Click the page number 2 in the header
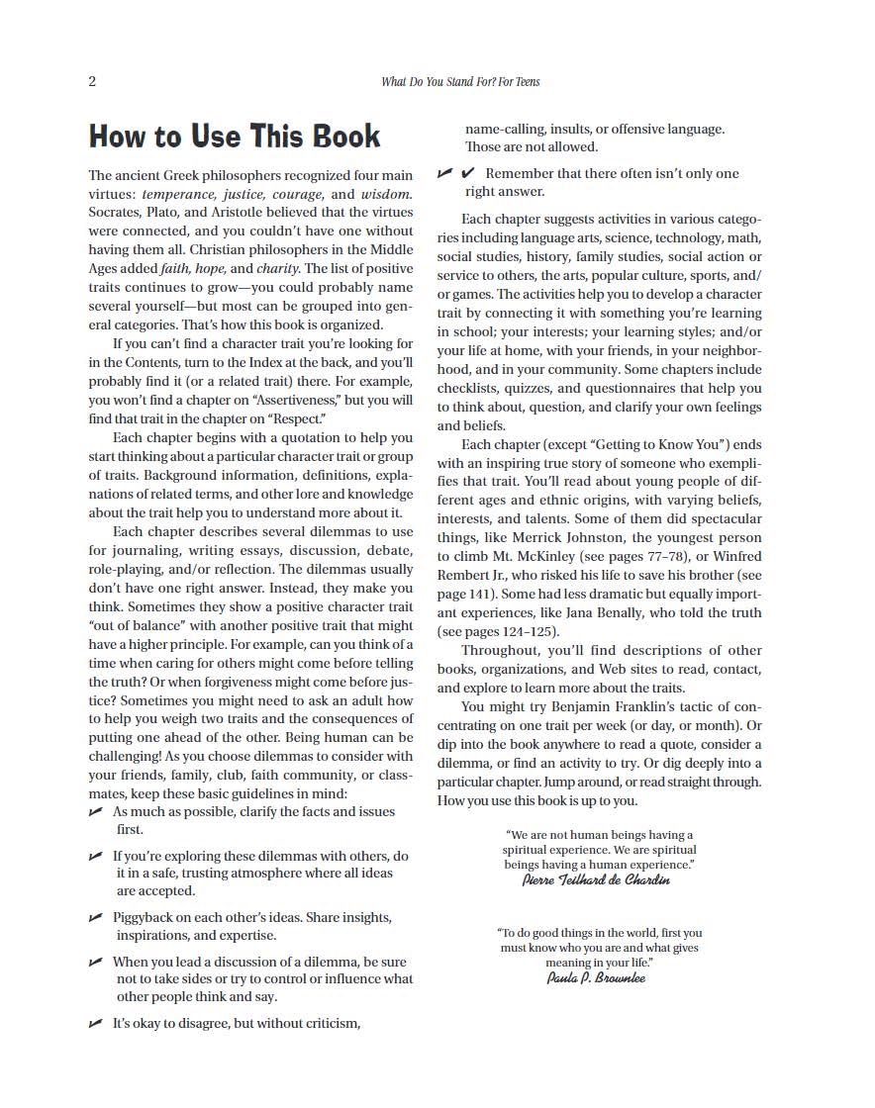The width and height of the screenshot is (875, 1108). tap(92, 81)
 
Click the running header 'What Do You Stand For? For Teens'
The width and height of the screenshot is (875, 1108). tap(460, 81)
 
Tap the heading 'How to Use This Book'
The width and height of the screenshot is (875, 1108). tap(235, 136)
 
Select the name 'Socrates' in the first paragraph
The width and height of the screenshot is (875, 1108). tap(115, 213)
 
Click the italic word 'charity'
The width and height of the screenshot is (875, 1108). tap(278, 268)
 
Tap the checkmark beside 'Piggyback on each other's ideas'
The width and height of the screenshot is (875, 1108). tap(96, 918)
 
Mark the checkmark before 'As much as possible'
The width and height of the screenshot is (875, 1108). tap(96, 811)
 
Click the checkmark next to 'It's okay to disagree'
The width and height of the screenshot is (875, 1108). tap(96, 1024)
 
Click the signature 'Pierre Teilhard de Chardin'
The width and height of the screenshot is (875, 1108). tap(596, 880)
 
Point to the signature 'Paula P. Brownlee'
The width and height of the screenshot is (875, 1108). tap(597, 977)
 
